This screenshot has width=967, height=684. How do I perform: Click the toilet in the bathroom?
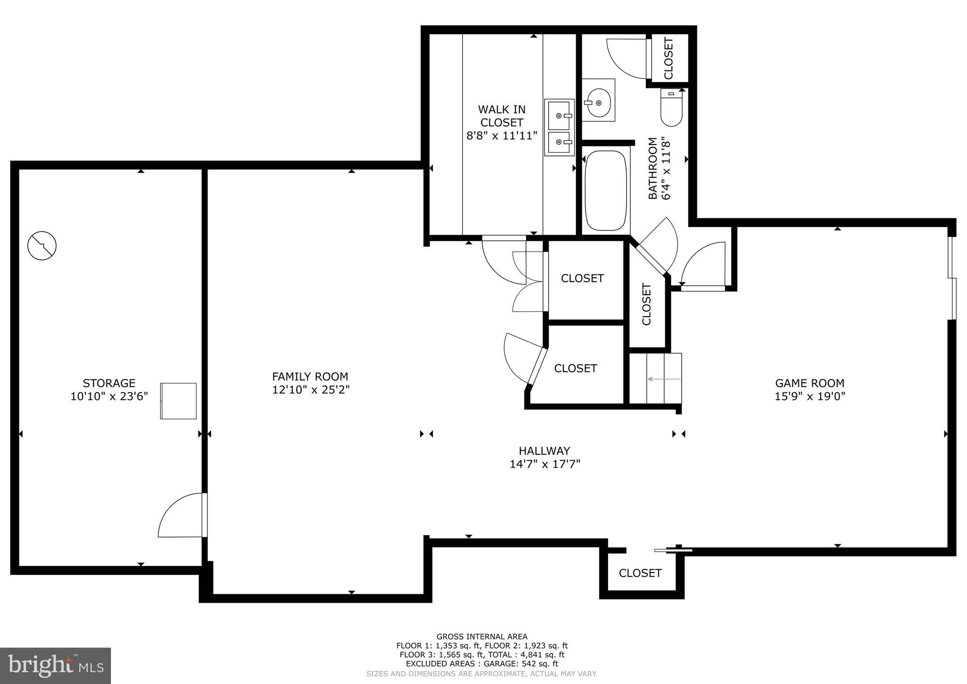coord(671,109)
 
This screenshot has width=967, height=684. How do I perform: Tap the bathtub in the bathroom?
coord(606,190)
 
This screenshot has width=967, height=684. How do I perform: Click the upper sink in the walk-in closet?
coord(559,115)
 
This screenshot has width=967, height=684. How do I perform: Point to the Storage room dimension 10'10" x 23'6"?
coord(109,396)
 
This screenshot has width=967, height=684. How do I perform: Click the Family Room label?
coord(310,376)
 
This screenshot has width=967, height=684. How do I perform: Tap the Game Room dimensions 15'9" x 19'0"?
coord(809,396)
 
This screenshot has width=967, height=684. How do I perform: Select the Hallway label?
coord(544,451)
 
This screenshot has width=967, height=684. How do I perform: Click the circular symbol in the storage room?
coord(42,246)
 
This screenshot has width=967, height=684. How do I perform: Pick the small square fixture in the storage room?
coord(178,401)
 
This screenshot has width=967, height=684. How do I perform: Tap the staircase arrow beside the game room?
coord(663,379)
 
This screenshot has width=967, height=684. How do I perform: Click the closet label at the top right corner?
coord(669,58)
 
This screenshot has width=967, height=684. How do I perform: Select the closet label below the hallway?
coord(640,573)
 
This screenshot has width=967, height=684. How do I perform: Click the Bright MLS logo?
coord(55,666)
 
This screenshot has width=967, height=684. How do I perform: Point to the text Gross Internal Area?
coord(482,636)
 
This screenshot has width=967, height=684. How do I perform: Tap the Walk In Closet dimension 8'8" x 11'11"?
coord(501,136)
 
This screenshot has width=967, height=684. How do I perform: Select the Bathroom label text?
coord(652,168)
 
